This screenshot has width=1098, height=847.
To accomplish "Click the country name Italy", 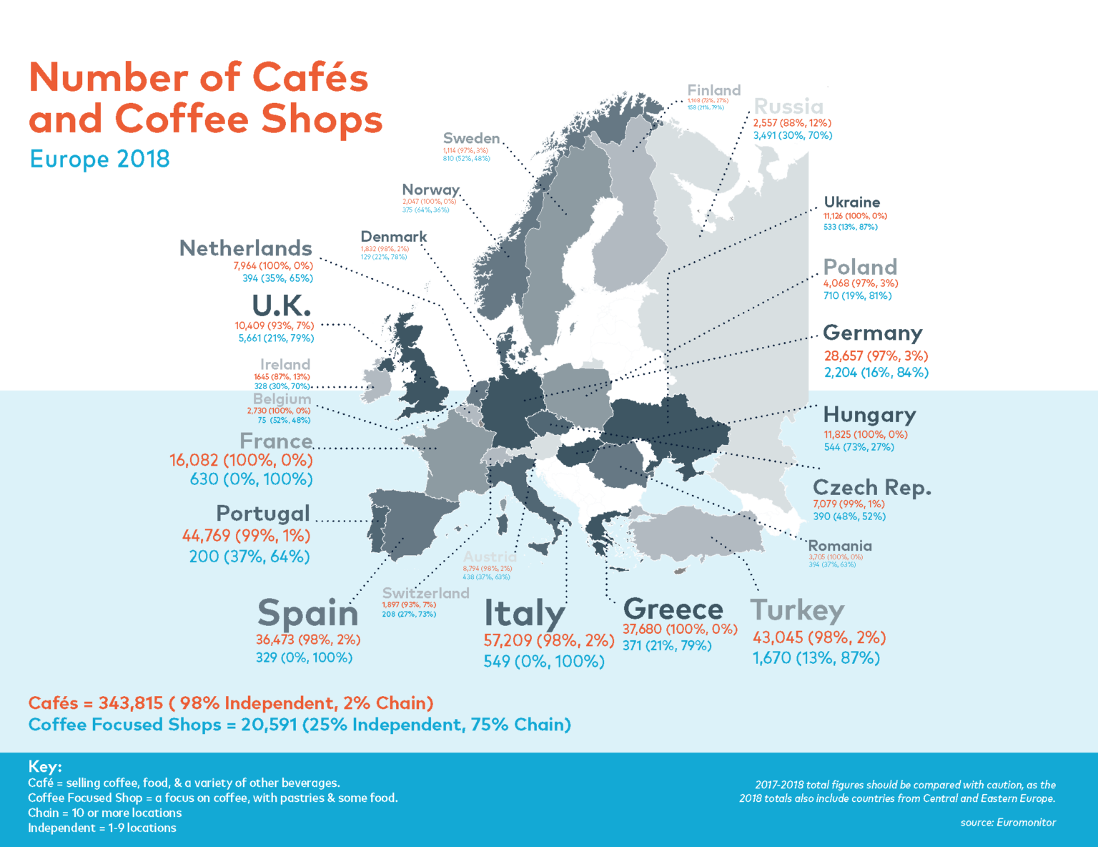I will click(x=525, y=613).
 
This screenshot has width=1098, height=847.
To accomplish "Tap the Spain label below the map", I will click(x=307, y=613).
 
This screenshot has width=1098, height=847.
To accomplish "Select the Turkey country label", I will click(x=797, y=610).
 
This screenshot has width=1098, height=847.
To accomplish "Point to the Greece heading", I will click(x=673, y=609).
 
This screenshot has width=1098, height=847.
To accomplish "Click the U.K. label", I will click(x=282, y=306).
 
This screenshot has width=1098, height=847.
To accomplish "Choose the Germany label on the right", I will click(x=872, y=333).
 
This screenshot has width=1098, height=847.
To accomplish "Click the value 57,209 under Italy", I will click(x=508, y=640).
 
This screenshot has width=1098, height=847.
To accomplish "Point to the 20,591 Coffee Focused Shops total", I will click(x=269, y=725).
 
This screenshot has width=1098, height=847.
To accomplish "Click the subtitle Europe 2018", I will click(x=99, y=159).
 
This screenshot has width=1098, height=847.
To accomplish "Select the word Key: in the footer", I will click(x=45, y=766).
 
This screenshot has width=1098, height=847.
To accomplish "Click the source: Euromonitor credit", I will click(x=1008, y=822).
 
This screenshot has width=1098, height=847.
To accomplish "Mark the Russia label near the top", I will click(x=788, y=107).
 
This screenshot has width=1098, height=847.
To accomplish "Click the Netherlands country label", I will click(x=245, y=248).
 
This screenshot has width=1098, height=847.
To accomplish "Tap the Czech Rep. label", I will click(x=871, y=487).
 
